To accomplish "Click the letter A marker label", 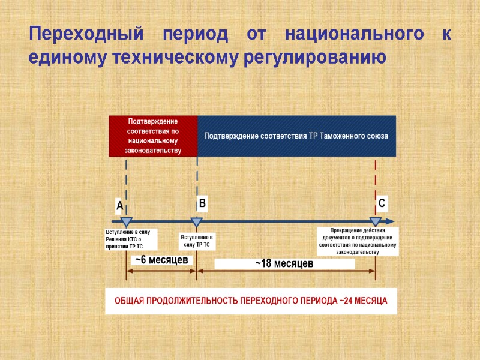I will click(119, 206).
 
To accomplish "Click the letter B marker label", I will click(203, 204).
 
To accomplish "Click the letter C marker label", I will click(382, 204).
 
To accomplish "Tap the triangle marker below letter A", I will click(126, 222).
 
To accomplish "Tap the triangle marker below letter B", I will click(196, 222).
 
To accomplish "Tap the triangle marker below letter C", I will click(376, 222).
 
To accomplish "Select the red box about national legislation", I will click(153, 136).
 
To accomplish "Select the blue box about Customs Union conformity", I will click(296, 136).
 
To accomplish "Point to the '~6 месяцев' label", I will click(161, 260).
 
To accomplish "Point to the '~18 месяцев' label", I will click(284, 264).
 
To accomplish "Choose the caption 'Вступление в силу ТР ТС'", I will click(197, 241).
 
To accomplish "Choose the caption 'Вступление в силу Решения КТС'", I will click(131, 239).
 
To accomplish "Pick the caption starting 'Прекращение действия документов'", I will click(358, 241).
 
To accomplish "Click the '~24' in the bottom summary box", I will click(347, 301).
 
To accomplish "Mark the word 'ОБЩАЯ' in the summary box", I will click(129, 301).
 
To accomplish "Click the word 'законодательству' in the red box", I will click(153, 150).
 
